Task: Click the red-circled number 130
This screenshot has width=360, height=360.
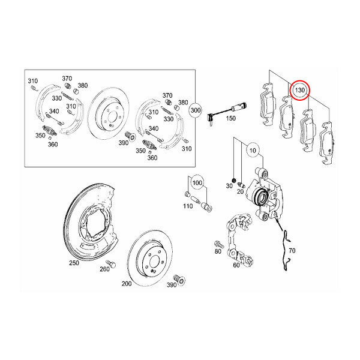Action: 299,91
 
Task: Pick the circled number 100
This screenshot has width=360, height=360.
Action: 197,181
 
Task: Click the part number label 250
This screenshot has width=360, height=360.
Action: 74,263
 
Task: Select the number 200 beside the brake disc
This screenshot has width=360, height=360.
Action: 127,283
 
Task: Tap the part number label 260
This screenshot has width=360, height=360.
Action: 104,269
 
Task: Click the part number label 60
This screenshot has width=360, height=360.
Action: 236,265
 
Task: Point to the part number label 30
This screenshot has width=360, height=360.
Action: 228,187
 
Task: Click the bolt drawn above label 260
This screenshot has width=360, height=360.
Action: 110,263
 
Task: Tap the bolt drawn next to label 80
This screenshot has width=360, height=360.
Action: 219,245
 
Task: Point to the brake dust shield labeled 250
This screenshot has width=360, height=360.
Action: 90,222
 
